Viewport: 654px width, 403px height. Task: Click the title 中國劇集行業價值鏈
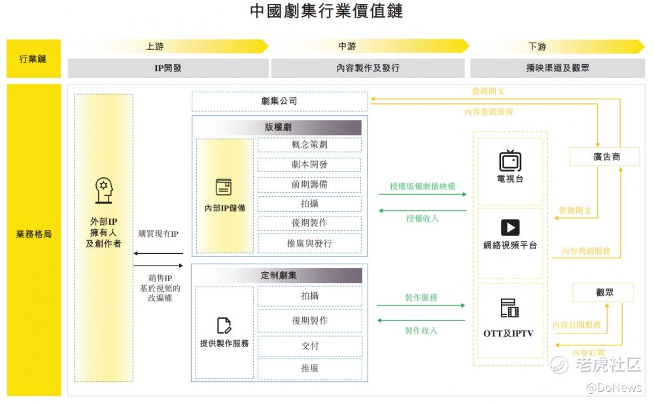[326, 12]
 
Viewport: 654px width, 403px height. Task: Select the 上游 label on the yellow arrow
[154, 46]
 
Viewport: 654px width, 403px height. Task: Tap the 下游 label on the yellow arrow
[537, 46]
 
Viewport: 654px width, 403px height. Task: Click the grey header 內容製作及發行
[368, 67]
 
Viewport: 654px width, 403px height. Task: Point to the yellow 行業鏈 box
[33, 59]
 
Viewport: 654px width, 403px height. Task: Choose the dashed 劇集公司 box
[279, 101]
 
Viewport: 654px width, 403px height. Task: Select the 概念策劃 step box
[309, 145]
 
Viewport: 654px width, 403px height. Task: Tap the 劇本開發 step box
[309, 165]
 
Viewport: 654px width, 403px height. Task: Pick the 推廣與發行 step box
[309, 243]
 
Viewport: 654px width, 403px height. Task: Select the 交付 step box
[309, 345]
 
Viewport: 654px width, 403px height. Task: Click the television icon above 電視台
[510, 160]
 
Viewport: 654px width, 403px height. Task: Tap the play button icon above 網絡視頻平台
[510, 227]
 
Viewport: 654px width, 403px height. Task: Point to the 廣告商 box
[598, 157]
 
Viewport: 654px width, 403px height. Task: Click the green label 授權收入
[422, 219]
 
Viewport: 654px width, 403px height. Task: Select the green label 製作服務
[421, 297]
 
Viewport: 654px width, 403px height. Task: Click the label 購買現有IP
[158, 233]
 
